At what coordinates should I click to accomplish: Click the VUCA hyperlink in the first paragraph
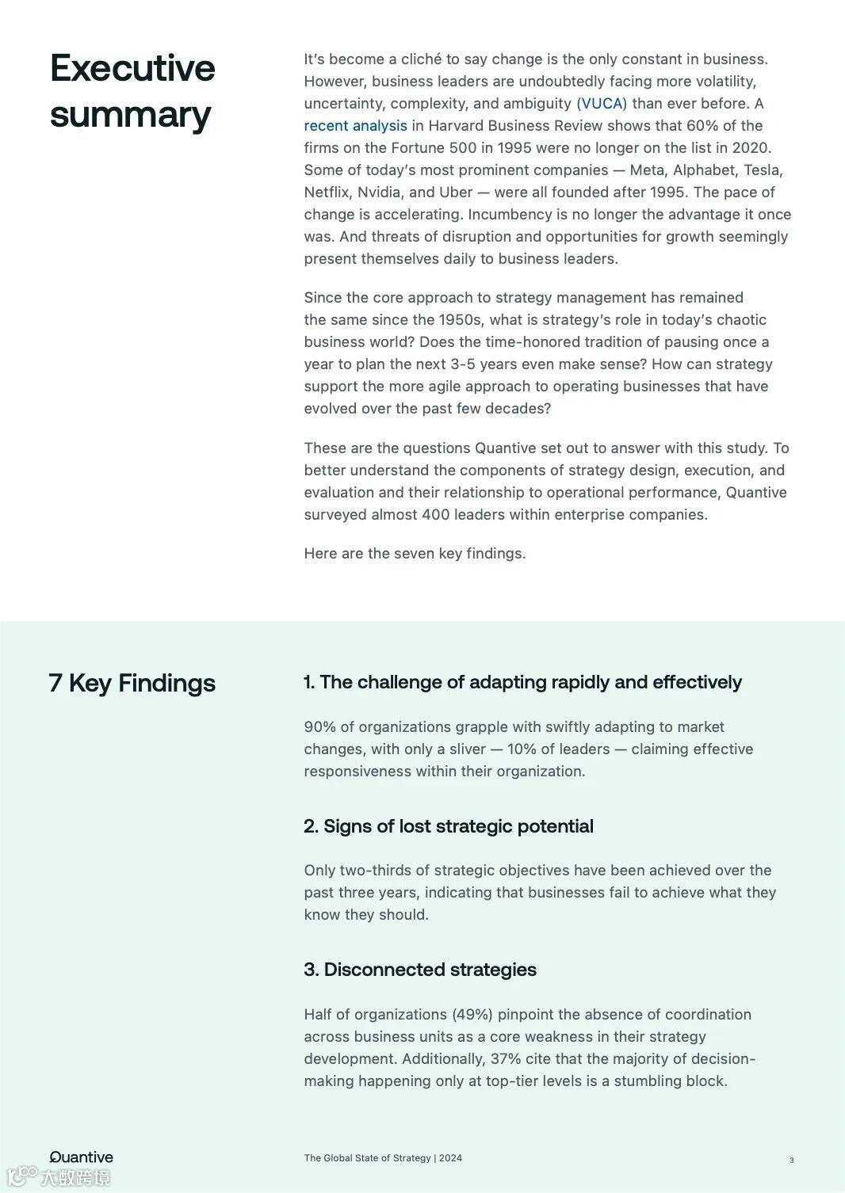602,104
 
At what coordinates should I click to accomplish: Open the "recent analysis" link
355,126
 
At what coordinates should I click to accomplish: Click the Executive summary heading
132,91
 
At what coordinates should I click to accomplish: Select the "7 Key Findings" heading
132,683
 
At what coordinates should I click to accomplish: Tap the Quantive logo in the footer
82,1157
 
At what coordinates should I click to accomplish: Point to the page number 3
791,1161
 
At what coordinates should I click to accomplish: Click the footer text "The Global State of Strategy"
367,1158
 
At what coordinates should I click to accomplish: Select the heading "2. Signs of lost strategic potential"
448,826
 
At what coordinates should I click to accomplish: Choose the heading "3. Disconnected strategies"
419,970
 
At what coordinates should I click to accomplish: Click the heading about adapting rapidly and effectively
522,682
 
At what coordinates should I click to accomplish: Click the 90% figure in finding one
319,727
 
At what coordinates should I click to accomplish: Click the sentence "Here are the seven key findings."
415,554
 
